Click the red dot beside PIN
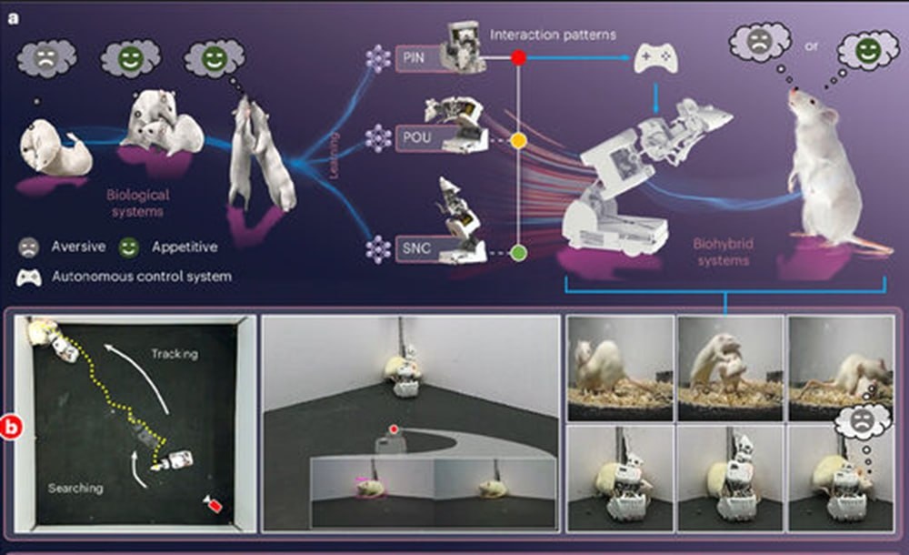point(518,57)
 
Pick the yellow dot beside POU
point(518,142)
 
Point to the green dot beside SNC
point(518,252)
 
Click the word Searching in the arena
point(74,489)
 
